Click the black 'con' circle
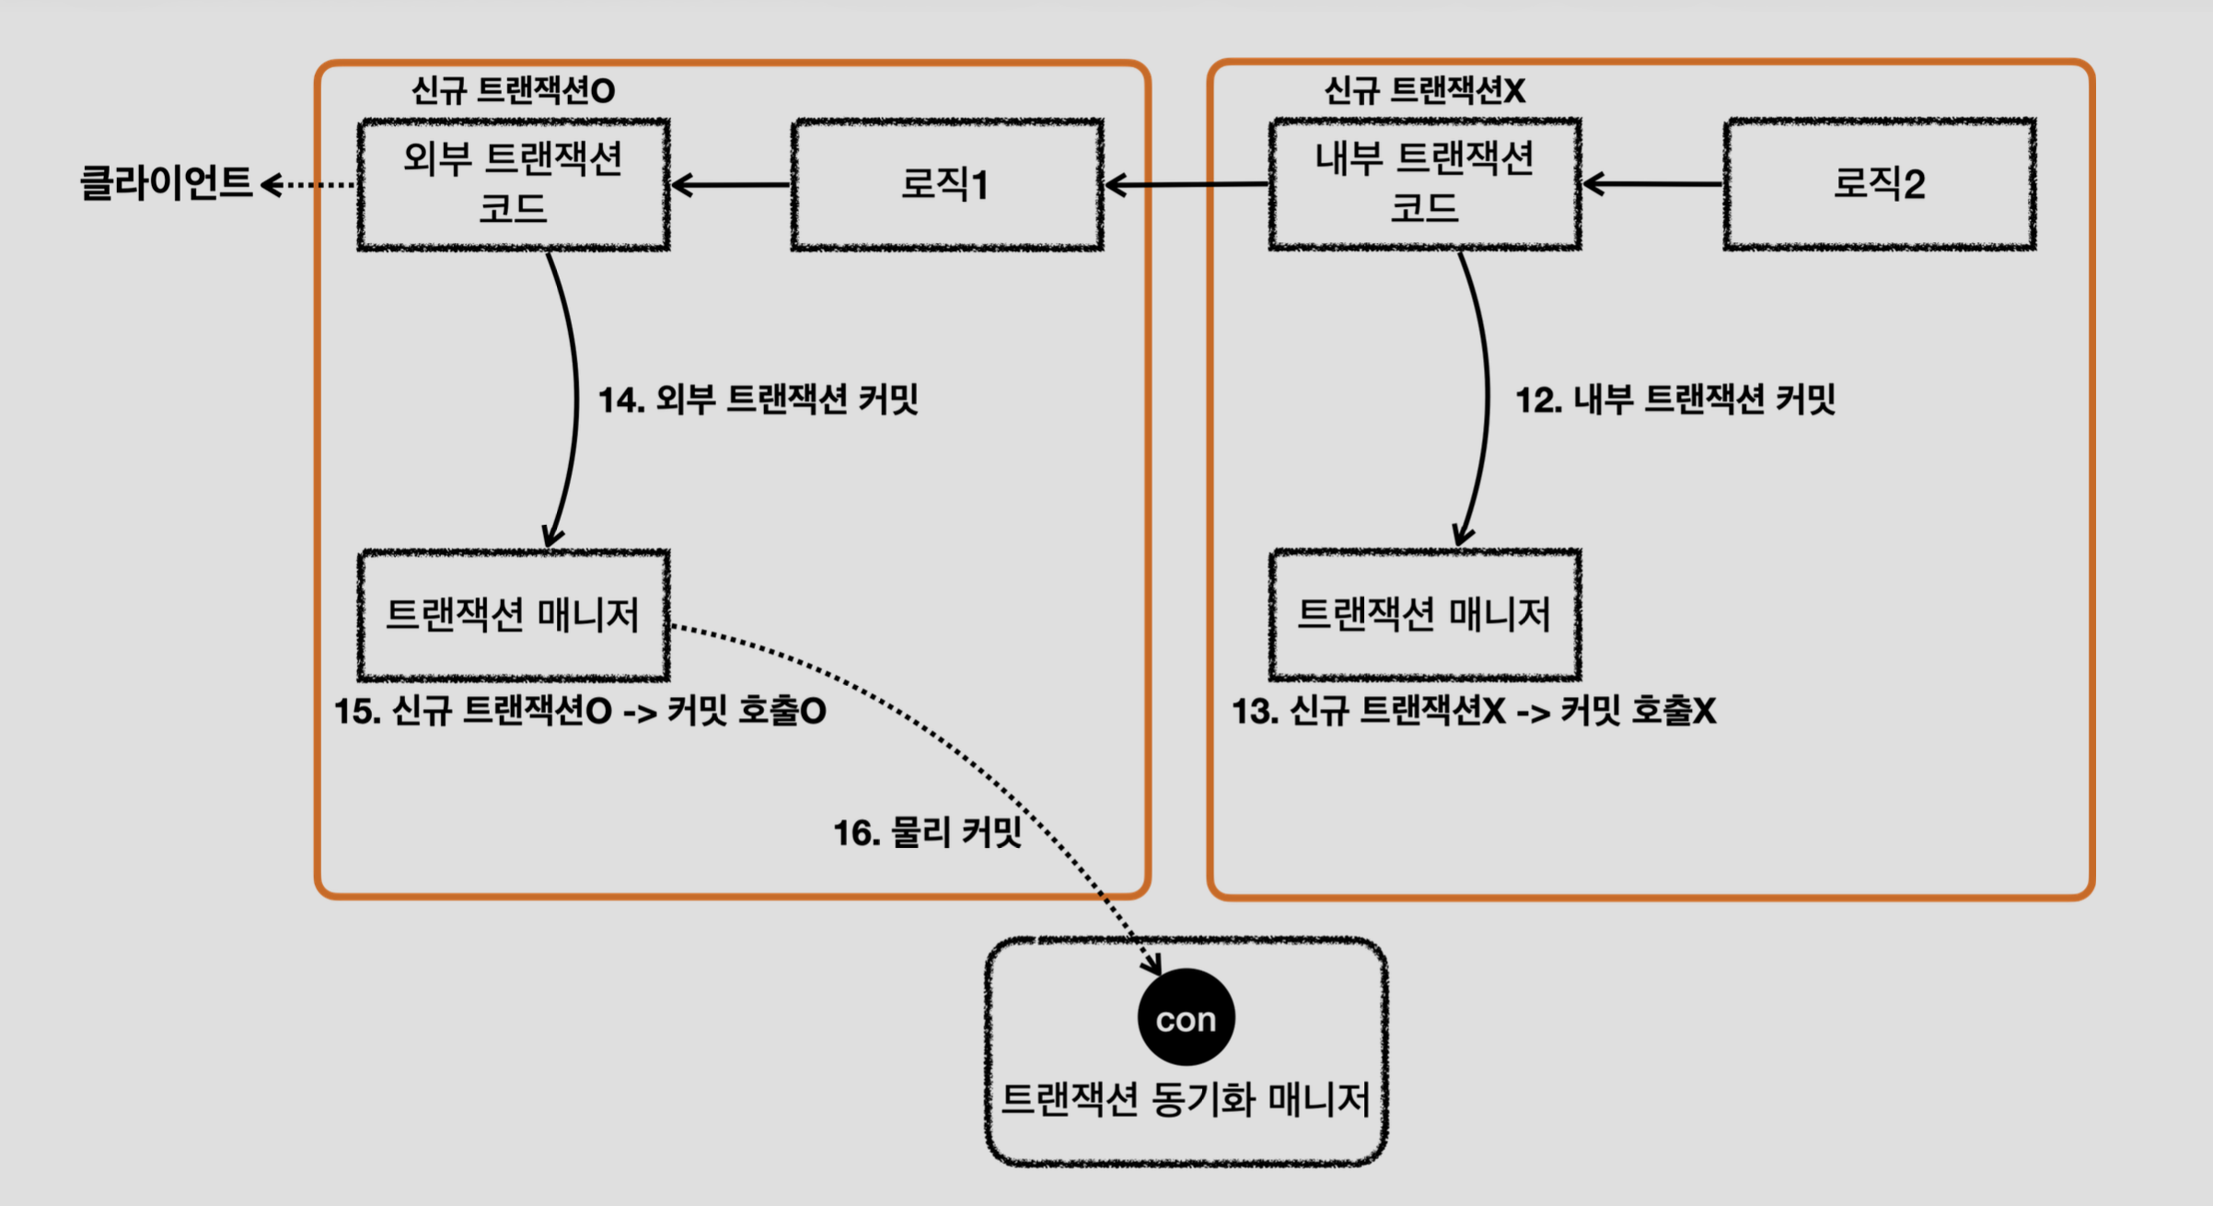pyautogui.click(x=1186, y=1017)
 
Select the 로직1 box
pyautogui.click(x=947, y=184)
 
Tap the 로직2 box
pyautogui.click(x=1880, y=184)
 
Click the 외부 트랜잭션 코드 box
pyautogui.click(x=514, y=184)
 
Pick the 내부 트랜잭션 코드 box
pyautogui.click(x=1425, y=184)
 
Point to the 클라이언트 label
pyautogui.click(x=166, y=182)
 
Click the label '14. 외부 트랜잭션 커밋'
pyautogui.click(x=759, y=400)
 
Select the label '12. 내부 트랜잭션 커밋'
pyautogui.click(x=1675, y=400)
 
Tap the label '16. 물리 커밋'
pyautogui.click(x=928, y=832)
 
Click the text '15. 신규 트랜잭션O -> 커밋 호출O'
pyautogui.click(x=580, y=711)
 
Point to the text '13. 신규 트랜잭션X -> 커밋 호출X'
pyautogui.click(x=1474, y=711)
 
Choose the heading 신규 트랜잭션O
pyautogui.click(x=513, y=90)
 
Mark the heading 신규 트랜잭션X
pyautogui.click(x=1424, y=90)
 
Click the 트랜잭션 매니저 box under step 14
pyautogui.click(x=514, y=615)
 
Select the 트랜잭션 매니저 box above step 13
pyautogui.click(x=1425, y=615)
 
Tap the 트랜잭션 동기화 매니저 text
pyautogui.click(x=1186, y=1099)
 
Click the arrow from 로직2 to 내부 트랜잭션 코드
pyautogui.click(x=1652, y=184)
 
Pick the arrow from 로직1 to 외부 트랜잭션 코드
pyautogui.click(x=730, y=185)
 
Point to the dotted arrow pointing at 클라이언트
pyautogui.click(x=308, y=185)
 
